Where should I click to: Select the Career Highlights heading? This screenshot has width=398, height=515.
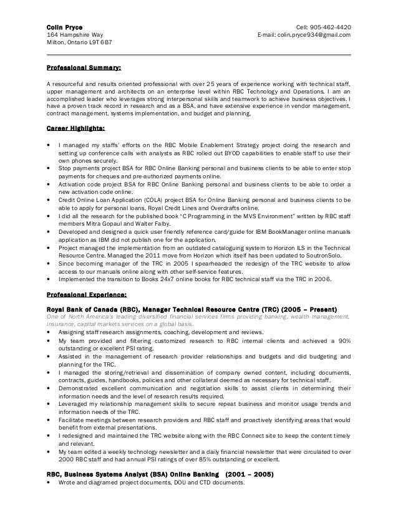[x=75, y=128]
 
